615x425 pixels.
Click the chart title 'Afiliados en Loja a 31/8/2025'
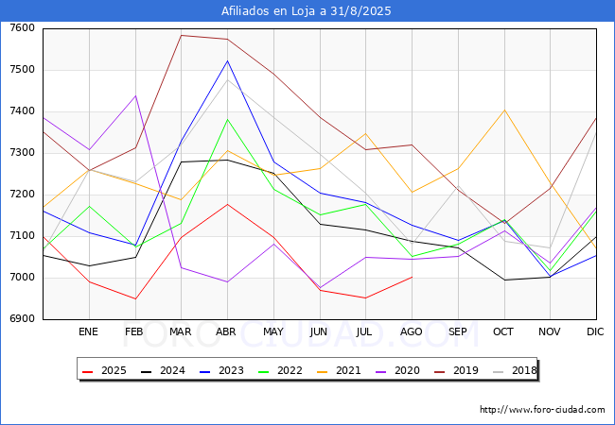coord(307,11)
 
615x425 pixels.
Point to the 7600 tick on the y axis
coord(23,28)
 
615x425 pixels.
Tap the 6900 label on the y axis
coord(23,319)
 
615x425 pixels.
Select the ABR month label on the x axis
coord(226,332)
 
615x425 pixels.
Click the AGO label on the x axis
coord(412,332)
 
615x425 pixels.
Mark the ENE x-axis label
coord(88,332)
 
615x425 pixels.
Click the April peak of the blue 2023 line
coord(227,60)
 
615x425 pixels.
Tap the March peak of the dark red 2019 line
coord(181,36)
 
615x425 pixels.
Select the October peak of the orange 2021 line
coord(504,110)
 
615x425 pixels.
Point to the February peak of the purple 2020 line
coord(134,95)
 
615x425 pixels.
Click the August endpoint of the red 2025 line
coord(412,277)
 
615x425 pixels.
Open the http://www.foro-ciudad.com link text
coord(542,410)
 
